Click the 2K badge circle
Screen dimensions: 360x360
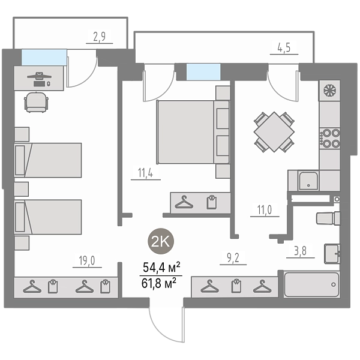(x=161, y=241)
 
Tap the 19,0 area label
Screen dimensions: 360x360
(x=87, y=260)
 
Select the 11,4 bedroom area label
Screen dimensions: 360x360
(x=146, y=172)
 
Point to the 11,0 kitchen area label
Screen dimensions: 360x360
(x=265, y=209)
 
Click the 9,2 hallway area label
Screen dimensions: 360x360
(x=233, y=258)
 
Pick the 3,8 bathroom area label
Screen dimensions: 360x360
(x=301, y=251)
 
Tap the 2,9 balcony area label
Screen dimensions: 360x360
(x=100, y=37)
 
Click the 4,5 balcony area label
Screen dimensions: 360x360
(x=284, y=47)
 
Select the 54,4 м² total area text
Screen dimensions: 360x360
(x=161, y=268)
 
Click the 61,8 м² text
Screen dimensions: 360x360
(x=159, y=283)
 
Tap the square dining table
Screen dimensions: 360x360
(x=274, y=132)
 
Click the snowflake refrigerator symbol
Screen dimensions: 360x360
(x=329, y=91)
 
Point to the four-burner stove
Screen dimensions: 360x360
(x=329, y=138)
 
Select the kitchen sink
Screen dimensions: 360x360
(x=308, y=181)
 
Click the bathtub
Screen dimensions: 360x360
(x=311, y=284)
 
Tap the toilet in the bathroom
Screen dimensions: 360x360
(x=328, y=218)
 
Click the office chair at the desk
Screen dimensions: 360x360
(x=37, y=102)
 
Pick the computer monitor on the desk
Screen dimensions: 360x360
(x=39, y=76)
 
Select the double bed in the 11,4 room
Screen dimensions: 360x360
(x=193, y=132)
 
